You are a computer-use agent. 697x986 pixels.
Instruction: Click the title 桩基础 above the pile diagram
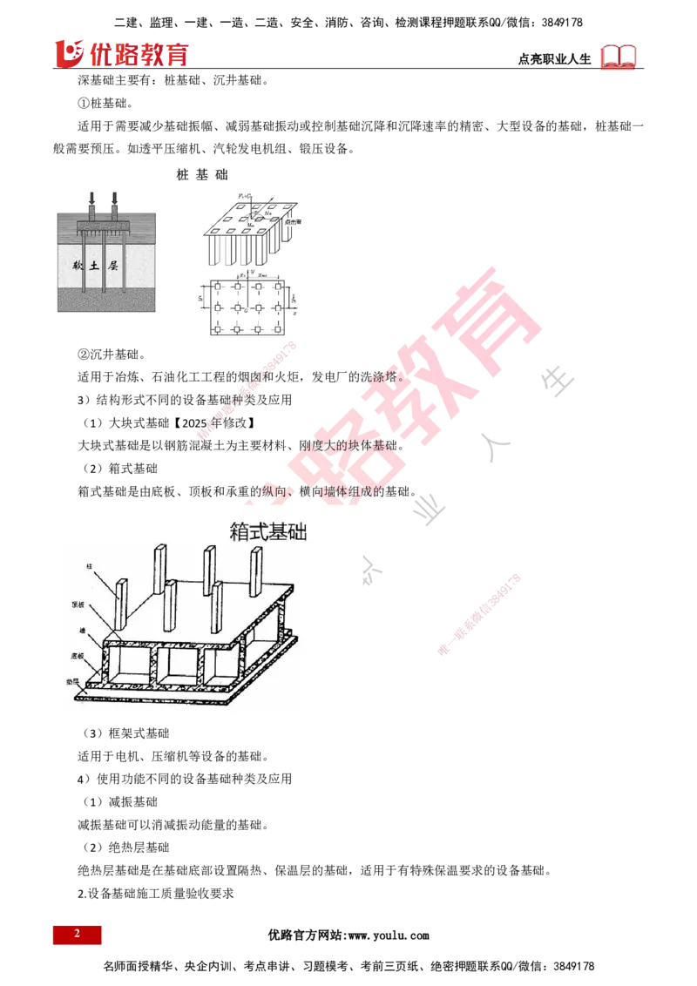(202, 174)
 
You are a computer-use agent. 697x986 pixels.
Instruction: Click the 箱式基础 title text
(271, 531)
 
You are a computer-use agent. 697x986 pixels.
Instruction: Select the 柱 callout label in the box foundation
(89, 566)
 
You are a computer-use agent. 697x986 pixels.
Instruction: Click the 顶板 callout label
(89, 602)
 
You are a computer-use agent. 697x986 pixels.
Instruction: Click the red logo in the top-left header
(122, 53)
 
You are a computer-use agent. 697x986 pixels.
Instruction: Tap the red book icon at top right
(619, 57)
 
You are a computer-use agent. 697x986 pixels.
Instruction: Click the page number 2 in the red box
(77, 934)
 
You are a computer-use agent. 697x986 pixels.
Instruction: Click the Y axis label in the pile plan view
(252, 273)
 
